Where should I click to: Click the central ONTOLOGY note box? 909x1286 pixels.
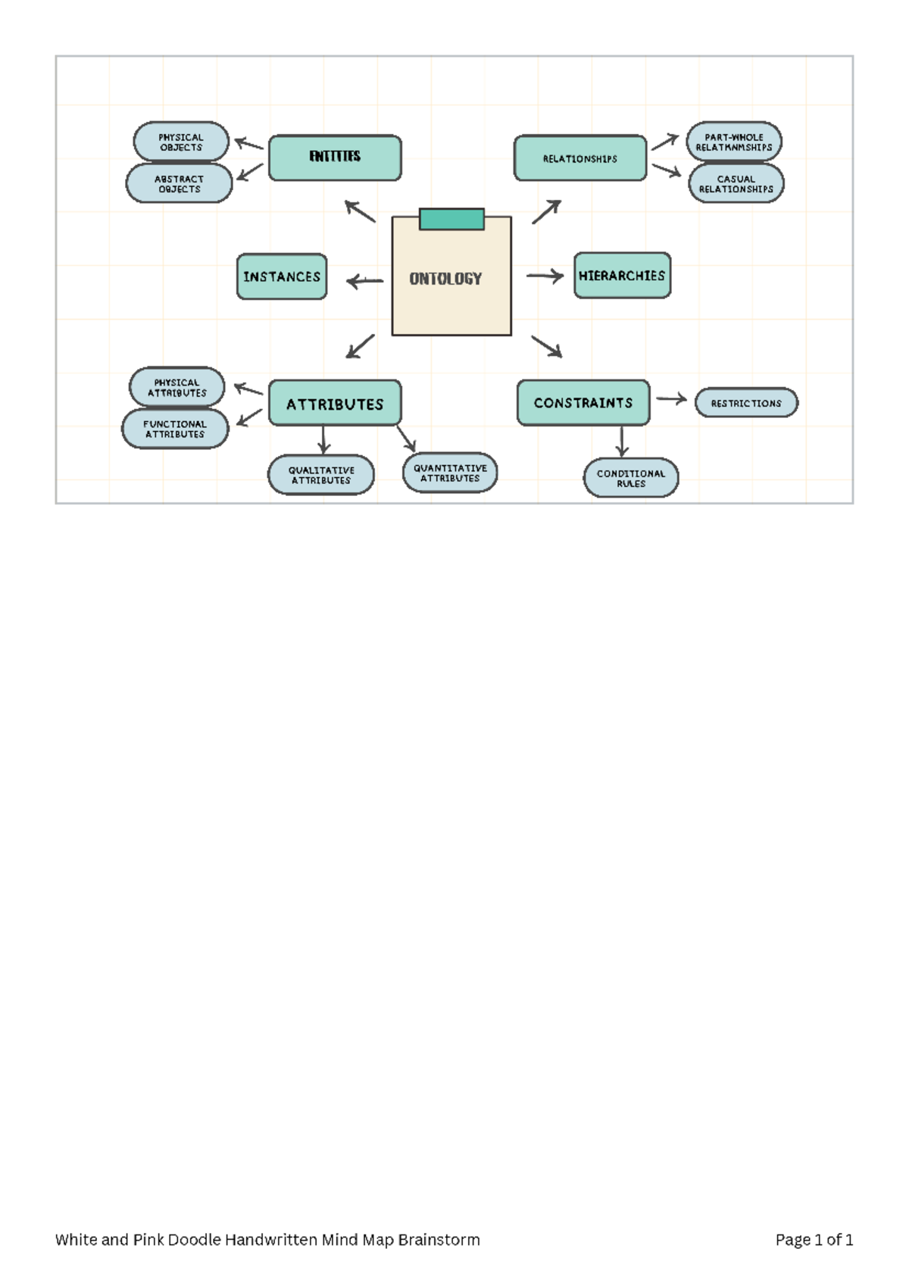(x=451, y=280)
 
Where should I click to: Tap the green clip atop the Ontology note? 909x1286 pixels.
(x=451, y=219)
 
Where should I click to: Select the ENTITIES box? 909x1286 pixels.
(x=335, y=158)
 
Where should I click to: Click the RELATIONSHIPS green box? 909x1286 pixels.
(x=580, y=158)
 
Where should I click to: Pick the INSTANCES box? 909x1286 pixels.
(x=282, y=276)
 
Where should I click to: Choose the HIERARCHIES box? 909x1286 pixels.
(x=622, y=276)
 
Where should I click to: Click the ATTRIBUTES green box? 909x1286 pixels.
(x=335, y=404)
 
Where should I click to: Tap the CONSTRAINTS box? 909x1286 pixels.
(x=583, y=403)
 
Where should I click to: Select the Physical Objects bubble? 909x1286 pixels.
(x=181, y=142)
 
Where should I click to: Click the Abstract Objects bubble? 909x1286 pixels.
(x=179, y=183)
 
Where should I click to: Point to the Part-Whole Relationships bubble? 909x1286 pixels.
(x=733, y=142)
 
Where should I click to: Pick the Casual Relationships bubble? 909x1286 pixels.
(x=736, y=183)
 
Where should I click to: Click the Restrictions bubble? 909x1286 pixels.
(x=746, y=403)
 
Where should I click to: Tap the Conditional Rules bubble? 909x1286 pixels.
(x=631, y=478)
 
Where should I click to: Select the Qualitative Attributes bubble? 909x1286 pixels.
(x=321, y=475)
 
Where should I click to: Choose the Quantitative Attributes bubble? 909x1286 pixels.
(x=450, y=473)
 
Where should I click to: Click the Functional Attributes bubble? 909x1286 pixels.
(x=175, y=429)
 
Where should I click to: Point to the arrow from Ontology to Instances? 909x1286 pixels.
(x=364, y=282)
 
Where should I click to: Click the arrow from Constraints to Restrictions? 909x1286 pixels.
(x=671, y=398)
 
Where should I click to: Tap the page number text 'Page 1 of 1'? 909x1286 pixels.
(x=814, y=1240)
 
